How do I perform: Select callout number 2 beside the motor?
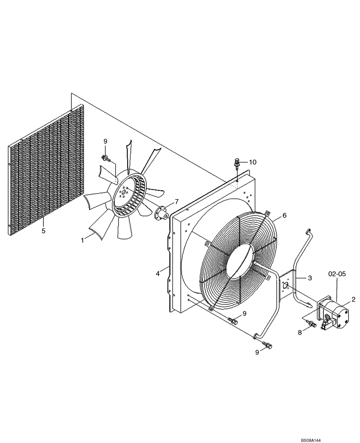[x=353, y=299]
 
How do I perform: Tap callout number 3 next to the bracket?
[x=310, y=278]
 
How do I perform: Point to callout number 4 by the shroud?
[x=158, y=274]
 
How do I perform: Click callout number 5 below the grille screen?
[x=43, y=230]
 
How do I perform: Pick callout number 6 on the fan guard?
[x=284, y=215]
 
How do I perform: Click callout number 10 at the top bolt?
[x=252, y=162]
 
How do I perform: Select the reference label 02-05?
[x=337, y=275]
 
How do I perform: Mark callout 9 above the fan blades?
[x=105, y=141]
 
